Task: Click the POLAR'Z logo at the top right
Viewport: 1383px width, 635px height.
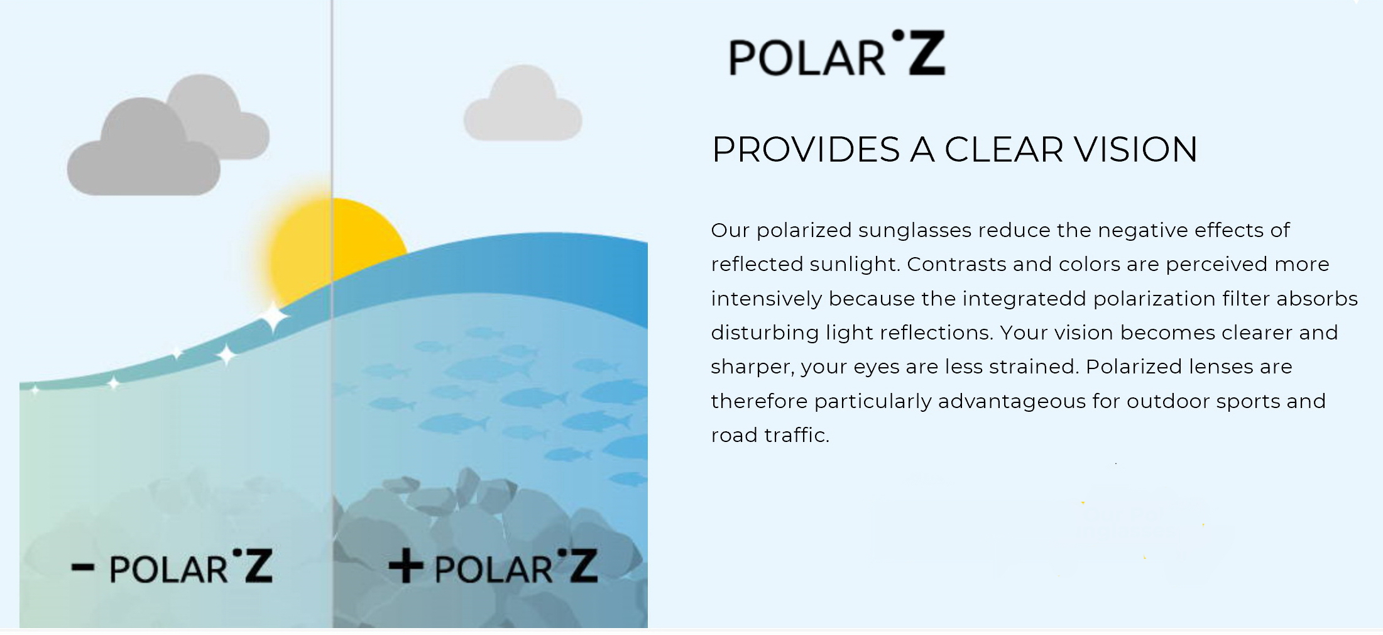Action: pos(836,53)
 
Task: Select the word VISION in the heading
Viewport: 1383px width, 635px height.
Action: pos(1135,150)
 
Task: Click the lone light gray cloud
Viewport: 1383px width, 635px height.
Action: pos(523,104)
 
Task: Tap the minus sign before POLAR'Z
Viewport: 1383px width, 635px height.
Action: pos(83,568)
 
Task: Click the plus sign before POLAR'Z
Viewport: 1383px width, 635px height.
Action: pos(405,566)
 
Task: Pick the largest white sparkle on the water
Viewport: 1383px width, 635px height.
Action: pos(273,317)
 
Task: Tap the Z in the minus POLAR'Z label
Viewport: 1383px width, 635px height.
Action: pos(258,566)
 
